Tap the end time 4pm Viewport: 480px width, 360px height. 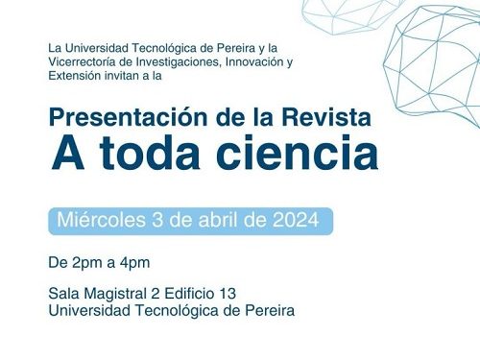132,262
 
